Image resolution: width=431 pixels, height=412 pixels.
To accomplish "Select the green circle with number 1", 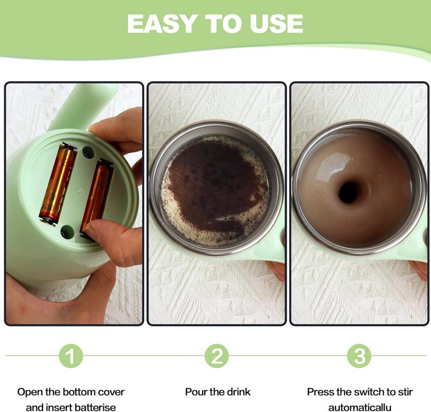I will (71, 356).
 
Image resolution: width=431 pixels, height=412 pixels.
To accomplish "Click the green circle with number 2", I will (217, 356).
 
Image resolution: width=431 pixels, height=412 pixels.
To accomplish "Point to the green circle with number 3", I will (359, 356).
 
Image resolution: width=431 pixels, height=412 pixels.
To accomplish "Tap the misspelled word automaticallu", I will (359, 407).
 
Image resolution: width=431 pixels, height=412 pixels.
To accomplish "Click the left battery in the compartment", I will (57, 184).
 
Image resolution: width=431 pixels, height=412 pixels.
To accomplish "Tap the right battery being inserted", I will (97, 194).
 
